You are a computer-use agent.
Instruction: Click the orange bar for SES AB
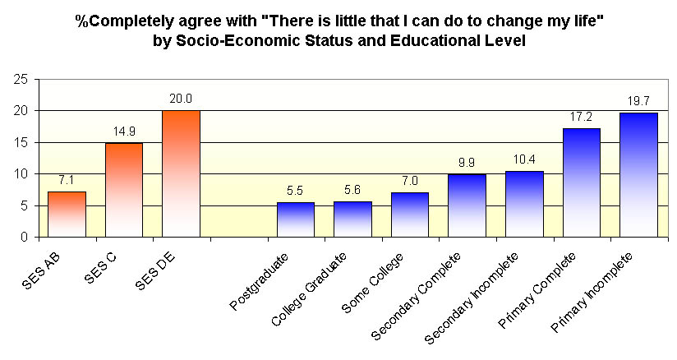click(67, 214)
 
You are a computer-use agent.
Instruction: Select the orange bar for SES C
click(124, 190)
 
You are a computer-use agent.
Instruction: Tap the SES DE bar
click(181, 173)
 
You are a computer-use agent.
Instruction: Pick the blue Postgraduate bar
click(295, 219)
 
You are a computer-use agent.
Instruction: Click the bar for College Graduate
click(352, 219)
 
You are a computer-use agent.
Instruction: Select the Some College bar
click(409, 215)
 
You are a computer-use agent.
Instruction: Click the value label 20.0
click(181, 99)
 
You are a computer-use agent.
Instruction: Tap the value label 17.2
click(581, 117)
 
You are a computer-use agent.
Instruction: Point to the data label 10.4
click(523, 159)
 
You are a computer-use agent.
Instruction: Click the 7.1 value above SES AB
click(67, 180)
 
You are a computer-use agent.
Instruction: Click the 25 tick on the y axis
click(21, 79)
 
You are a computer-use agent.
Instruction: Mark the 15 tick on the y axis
click(21, 142)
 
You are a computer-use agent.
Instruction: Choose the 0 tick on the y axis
click(25, 238)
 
